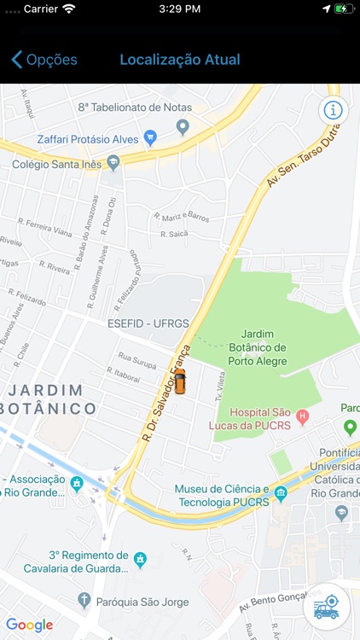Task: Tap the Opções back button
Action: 44,60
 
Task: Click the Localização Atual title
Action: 180,60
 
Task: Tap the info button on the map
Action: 333,110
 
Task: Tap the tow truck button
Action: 326,608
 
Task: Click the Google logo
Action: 30,625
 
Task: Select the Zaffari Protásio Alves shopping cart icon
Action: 150,137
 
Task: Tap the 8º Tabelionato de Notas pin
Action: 182,126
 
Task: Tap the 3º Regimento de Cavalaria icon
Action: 141,560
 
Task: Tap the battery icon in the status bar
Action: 343,9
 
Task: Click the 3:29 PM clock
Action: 180,9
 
